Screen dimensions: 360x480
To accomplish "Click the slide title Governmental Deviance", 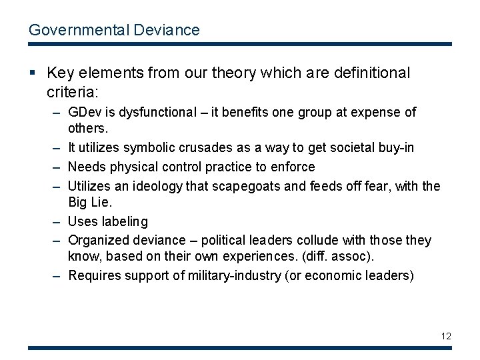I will (x=113, y=30).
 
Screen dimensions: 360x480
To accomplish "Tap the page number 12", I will (x=445, y=336).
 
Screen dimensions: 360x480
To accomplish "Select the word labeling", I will (x=124, y=221).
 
